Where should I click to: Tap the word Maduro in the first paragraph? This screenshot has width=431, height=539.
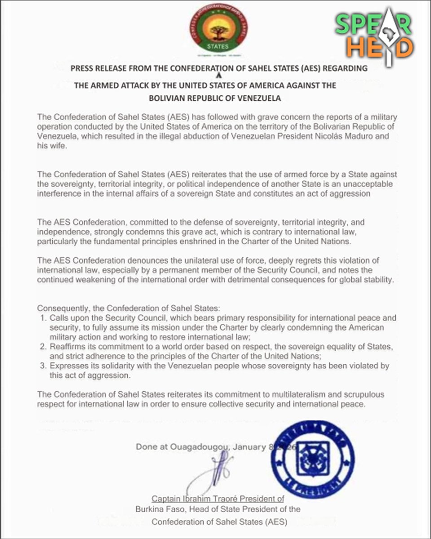(361, 136)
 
